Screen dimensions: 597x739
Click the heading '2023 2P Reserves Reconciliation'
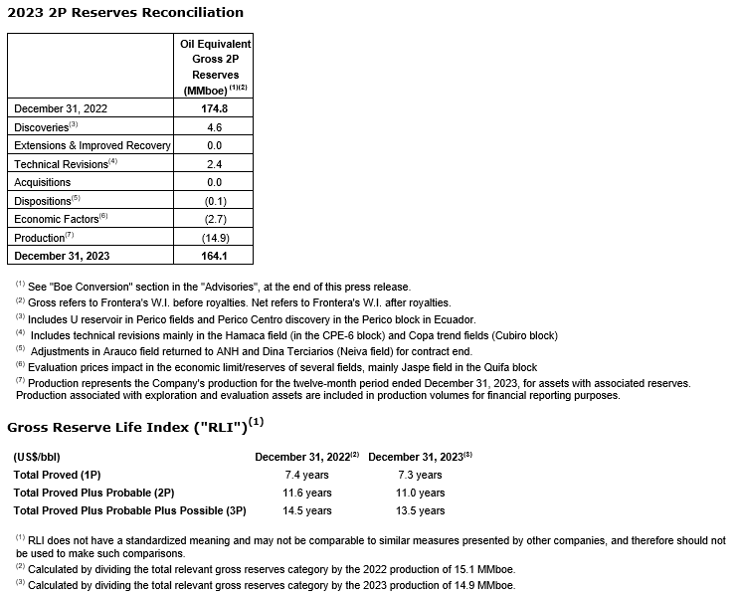point(125,13)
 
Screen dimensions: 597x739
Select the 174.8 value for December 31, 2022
point(215,108)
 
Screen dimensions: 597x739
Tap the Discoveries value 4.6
point(215,127)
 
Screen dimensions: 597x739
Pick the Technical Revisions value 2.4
point(215,164)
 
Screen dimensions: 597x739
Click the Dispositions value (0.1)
point(215,201)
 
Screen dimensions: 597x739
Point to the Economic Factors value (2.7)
point(215,219)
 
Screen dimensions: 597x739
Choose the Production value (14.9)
point(215,238)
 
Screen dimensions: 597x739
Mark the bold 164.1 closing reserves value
point(215,256)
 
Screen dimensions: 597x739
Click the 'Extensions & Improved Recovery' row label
point(92,145)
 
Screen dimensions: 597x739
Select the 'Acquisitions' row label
point(43,182)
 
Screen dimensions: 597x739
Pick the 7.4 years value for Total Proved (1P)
point(306,475)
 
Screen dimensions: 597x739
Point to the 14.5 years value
point(306,510)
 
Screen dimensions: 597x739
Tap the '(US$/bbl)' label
point(41,457)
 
